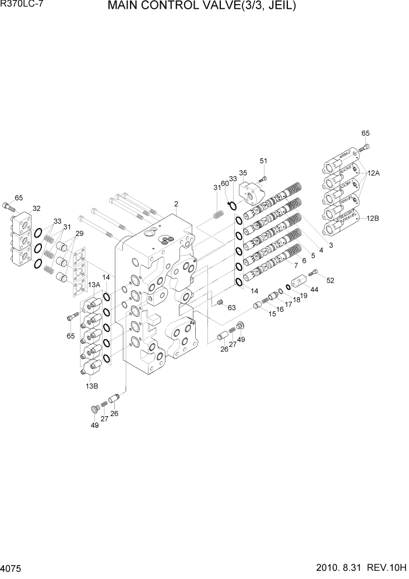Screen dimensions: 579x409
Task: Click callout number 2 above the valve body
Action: coord(175,204)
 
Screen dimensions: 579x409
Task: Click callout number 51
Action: coord(263,161)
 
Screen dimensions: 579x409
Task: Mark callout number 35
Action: coord(243,173)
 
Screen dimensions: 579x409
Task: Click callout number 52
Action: coord(330,281)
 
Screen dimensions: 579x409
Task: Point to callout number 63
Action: coord(231,308)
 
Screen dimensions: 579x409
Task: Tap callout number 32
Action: coord(36,208)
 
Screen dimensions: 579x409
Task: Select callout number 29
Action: coord(79,233)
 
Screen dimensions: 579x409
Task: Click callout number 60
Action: coord(225,183)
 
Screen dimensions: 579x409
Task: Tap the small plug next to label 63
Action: coord(220,302)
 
